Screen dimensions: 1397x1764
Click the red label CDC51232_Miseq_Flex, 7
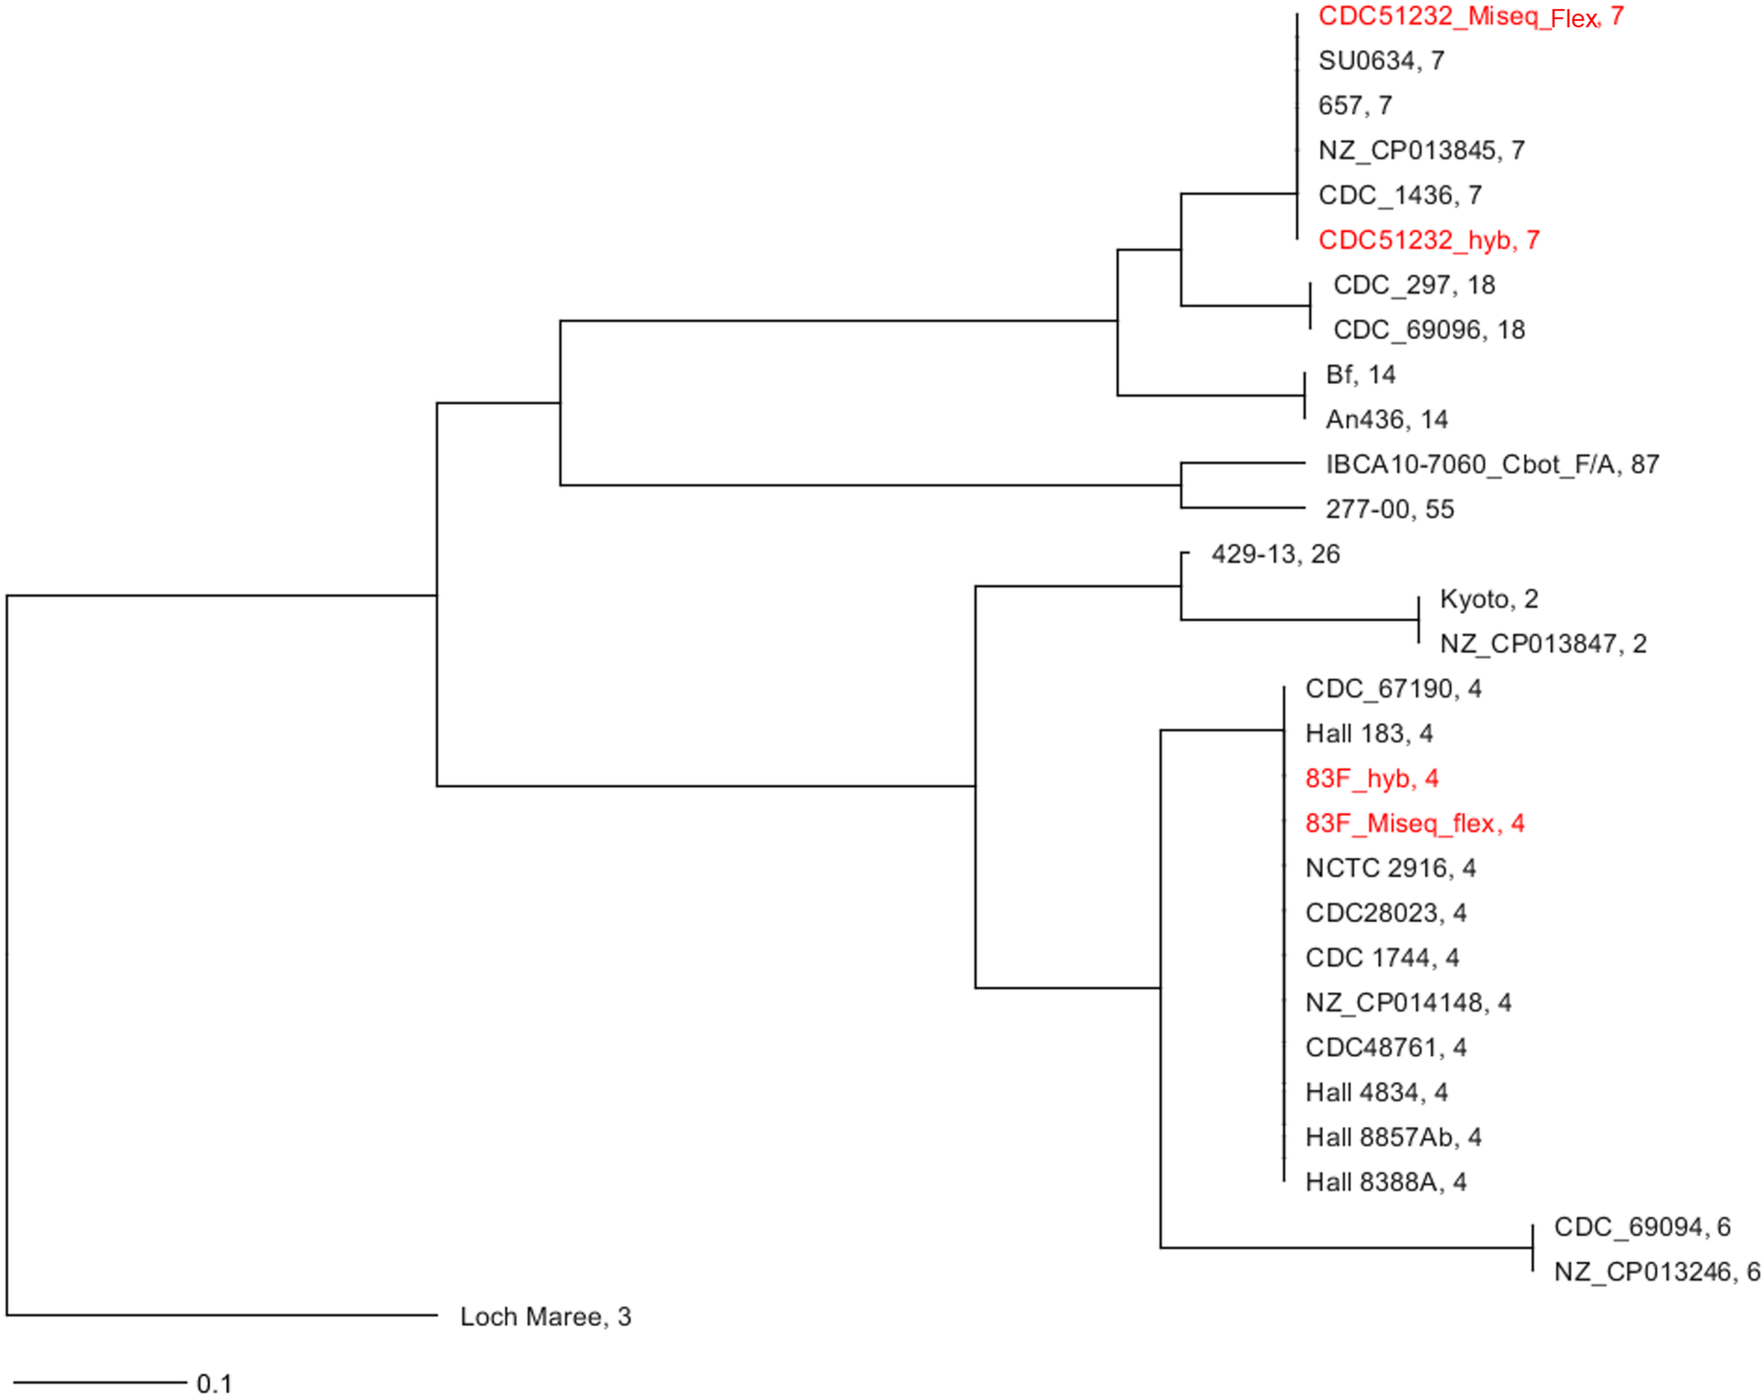(1470, 16)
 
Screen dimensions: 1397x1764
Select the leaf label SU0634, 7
(1382, 61)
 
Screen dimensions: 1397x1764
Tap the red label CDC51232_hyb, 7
(1429, 240)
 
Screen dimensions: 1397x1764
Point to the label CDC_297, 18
(1414, 284)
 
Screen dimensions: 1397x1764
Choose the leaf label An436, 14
(1387, 420)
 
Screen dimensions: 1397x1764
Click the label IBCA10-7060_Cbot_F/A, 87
(1492, 464)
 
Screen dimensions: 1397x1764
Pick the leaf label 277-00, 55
(1389, 509)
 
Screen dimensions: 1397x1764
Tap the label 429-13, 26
(1275, 555)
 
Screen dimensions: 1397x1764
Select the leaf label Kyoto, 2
(1488, 599)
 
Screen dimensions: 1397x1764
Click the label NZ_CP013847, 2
(1543, 643)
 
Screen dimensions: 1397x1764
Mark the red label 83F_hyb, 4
(1372, 778)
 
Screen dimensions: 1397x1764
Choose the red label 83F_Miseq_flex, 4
(1415, 823)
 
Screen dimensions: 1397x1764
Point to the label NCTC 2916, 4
(1390, 868)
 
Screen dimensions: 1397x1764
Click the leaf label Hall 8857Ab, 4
(1394, 1137)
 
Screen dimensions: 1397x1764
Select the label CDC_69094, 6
(1642, 1227)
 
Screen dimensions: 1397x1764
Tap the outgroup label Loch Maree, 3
(545, 1317)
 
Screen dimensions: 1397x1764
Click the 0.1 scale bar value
(215, 1384)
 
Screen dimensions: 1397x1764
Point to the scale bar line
(99, 1383)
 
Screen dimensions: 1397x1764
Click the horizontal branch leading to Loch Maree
(221, 1316)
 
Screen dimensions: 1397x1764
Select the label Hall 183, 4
(1369, 734)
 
